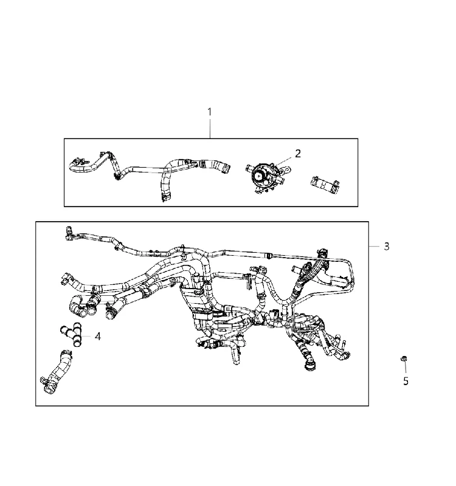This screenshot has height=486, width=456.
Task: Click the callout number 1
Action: coord(210,112)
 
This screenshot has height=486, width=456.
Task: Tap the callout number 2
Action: coord(298,154)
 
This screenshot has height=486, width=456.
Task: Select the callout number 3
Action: coord(387,247)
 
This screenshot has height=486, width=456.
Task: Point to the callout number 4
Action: coord(98,337)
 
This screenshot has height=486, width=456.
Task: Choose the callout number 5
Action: coord(406,382)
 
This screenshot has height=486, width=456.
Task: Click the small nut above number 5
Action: coord(404,358)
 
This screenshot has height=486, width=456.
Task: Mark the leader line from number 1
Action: coord(210,128)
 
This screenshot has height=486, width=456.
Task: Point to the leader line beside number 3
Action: coord(374,247)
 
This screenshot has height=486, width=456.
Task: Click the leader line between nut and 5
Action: coord(405,368)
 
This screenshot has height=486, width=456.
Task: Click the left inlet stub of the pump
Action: coord(249,168)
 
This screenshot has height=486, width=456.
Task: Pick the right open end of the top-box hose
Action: coord(227,168)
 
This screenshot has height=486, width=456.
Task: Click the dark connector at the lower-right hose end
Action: coord(309,366)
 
